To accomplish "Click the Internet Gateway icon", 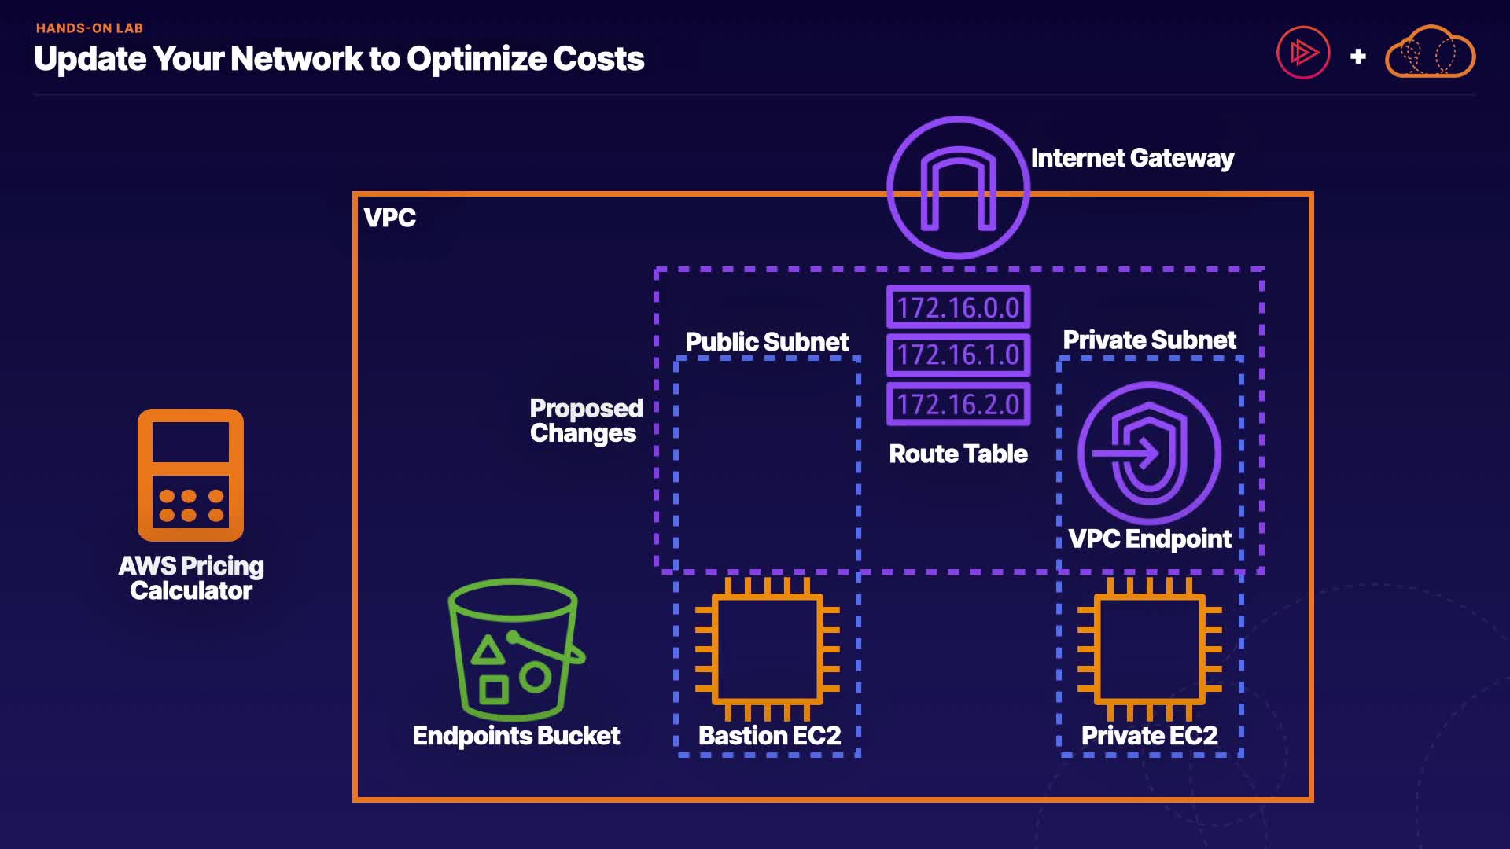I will [x=958, y=187].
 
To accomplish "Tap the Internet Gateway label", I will [x=1132, y=158].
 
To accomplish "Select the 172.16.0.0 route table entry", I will [x=958, y=307].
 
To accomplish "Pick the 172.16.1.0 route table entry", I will [x=958, y=355].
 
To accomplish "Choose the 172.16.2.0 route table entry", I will [x=958, y=404].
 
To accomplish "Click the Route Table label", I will [x=958, y=454].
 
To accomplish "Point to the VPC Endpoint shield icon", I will [x=1149, y=453].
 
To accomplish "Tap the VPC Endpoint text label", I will [x=1149, y=538].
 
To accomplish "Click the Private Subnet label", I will [x=1149, y=340].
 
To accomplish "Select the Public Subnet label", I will [x=767, y=342].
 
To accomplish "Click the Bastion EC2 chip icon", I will [x=767, y=649].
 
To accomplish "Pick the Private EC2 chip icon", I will [x=1149, y=649].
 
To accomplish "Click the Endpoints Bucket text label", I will [x=516, y=736].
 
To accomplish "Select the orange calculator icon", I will [x=190, y=475].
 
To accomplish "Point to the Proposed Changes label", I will [x=585, y=421].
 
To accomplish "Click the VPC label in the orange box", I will [x=390, y=218].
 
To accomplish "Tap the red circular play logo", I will [x=1303, y=53].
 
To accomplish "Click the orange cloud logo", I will [x=1430, y=53].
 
